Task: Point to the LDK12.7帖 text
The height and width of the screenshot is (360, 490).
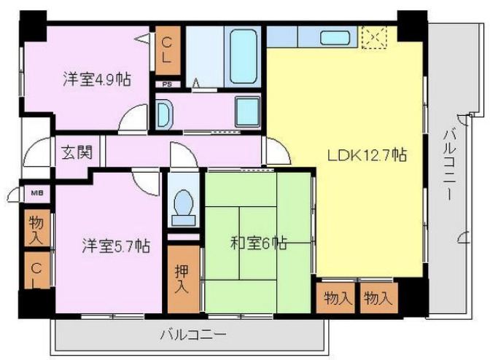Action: (366, 155)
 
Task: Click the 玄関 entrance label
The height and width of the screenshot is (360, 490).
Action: (76, 153)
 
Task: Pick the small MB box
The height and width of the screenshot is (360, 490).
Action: (36, 193)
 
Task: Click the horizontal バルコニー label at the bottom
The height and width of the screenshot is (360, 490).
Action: (192, 336)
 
